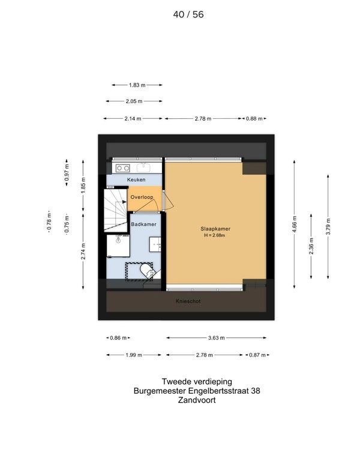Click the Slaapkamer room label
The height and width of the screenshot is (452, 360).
215,229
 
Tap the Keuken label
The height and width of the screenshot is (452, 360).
136,179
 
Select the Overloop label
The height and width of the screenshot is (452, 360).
142,197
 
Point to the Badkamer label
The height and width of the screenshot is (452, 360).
143,224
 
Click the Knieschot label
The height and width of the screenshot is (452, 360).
188,301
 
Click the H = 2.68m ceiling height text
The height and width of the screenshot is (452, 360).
215,235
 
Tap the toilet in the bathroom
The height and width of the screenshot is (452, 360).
147,271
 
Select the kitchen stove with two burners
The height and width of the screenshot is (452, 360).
123,167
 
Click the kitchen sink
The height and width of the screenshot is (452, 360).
143,167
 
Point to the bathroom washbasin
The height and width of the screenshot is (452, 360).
155,244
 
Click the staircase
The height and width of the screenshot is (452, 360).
116,210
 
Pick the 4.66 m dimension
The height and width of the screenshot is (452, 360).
294,224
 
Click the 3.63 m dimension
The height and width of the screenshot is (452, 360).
216,338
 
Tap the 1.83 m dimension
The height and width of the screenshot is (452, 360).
137,85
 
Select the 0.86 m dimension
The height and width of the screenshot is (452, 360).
118,338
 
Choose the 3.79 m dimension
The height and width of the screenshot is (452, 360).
328,226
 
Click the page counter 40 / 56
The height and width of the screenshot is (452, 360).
188,14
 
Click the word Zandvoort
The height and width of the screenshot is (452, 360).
197,400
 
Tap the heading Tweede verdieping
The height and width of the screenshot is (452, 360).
197,382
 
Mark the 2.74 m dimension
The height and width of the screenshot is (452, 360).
83,252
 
